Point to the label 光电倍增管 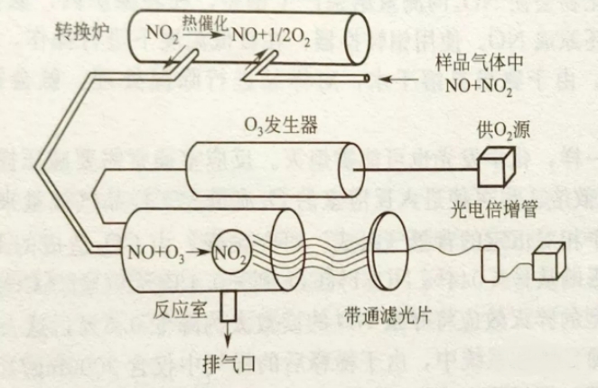pos(494,209)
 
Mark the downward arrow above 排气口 pos(228,330)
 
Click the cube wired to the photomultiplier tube pos(550,262)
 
